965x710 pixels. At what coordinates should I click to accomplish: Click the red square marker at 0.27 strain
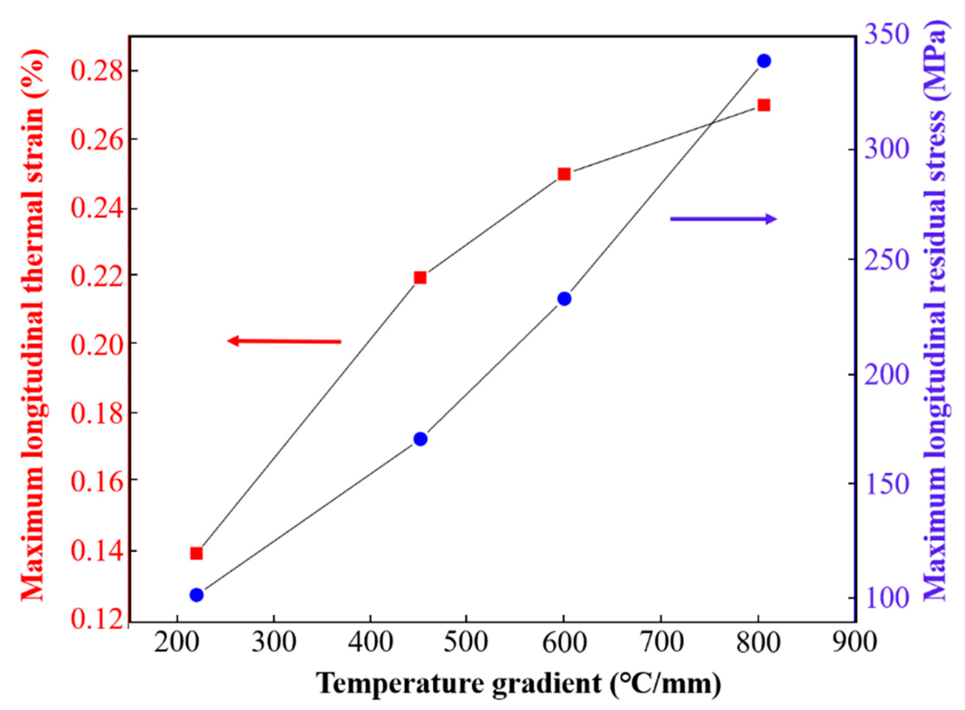pos(763,105)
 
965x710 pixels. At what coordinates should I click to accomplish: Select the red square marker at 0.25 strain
pos(564,174)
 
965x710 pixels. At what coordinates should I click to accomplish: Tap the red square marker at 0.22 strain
pos(420,277)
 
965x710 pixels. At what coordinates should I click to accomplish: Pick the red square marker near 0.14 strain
pos(196,553)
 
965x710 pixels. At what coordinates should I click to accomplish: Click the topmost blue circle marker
pos(764,61)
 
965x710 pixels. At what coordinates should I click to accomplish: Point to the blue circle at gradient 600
pos(564,299)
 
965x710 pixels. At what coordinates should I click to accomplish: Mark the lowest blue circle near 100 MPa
pos(196,595)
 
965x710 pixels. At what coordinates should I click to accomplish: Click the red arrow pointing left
pos(284,342)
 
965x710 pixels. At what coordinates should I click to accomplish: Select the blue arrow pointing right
pos(723,219)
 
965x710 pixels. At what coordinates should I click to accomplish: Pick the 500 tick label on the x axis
pos(466,643)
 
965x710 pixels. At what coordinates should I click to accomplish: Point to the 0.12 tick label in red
pos(95,619)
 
